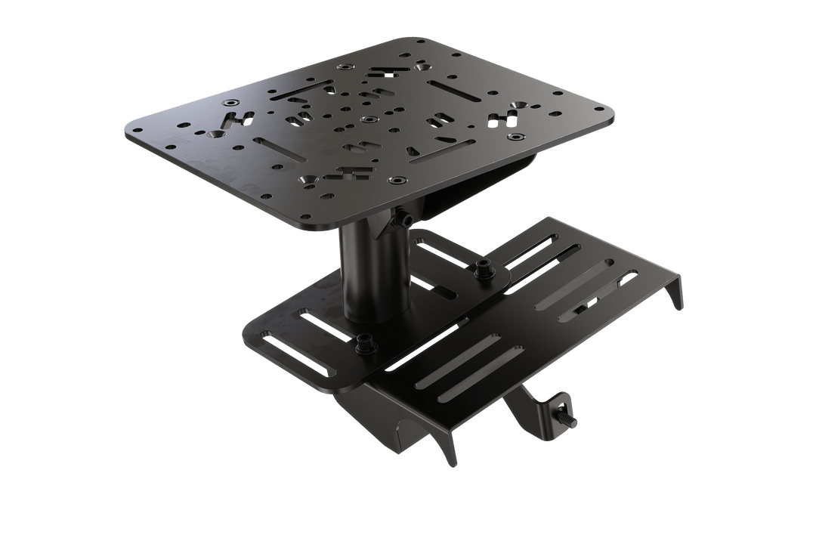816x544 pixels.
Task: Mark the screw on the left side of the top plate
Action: (229, 102)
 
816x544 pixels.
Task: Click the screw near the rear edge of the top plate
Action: (346, 68)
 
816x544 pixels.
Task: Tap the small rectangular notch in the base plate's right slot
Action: (580, 310)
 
